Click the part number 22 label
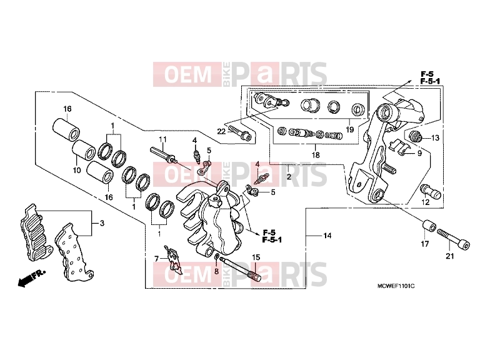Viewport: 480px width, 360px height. click(221, 131)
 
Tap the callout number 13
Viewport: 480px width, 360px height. click(435, 138)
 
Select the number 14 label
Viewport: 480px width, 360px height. click(327, 236)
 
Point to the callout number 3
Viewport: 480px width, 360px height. click(102, 223)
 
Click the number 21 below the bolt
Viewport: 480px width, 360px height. click(449, 256)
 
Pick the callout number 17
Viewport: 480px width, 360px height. click(425, 244)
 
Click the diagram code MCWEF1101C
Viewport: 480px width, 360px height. click(396, 286)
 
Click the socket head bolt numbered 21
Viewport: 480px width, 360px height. click(453, 240)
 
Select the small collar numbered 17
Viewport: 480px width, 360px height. click(429, 226)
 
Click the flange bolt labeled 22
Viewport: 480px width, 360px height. click(240, 132)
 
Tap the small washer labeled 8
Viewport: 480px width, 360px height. click(217, 256)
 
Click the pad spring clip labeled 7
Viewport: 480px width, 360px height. click(174, 259)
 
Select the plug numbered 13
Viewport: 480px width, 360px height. click(416, 136)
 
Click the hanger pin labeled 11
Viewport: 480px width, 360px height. click(164, 155)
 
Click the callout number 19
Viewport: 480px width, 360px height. click(349, 129)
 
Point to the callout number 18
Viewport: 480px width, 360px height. click(316, 155)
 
